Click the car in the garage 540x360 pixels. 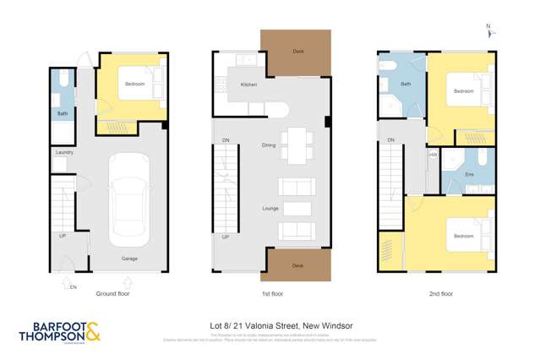[x=129, y=199]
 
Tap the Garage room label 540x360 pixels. [x=128, y=259]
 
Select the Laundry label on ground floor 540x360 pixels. [x=64, y=153]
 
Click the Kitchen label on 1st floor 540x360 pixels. [x=248, y=85]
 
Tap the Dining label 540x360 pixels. [x=269, y=145]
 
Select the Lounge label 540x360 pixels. [x=270, y=207]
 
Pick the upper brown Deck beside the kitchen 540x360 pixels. [x=295, y=51]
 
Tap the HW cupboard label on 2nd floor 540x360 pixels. [x=433, y=155]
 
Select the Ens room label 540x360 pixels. [x=469, y=173]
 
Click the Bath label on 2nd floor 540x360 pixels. [x=405, y=85]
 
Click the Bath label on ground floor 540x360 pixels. [x=63, y=112]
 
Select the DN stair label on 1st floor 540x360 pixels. [x=226, y=139]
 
